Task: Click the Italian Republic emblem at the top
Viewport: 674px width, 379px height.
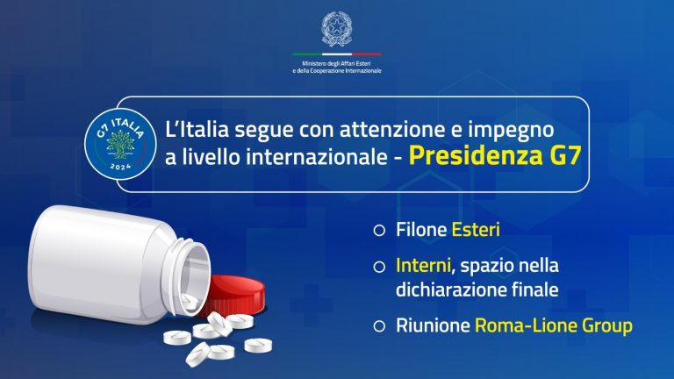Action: [337, 28]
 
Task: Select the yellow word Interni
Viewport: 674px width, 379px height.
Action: [419, 264]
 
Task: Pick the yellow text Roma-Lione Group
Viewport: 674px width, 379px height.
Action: [554, 325]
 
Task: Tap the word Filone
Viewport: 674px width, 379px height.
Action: [421, 231]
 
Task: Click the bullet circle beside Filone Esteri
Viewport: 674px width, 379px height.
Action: [378, 232]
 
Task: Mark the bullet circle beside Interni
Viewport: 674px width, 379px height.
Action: [378, 265]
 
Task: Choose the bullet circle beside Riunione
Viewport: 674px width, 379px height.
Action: [378, 326]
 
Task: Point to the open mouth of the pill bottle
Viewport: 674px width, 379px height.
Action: [195, 272]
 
